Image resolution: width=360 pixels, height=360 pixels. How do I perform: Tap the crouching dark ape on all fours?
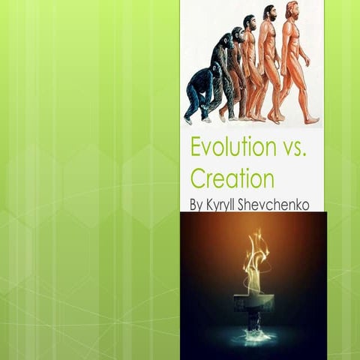tap(200, 90)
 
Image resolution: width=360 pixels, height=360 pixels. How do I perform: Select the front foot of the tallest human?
tap(310, 119)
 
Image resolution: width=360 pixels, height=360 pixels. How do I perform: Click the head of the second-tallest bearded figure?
tap(270, 14)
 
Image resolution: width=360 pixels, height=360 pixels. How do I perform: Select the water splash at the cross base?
tap(253, 337)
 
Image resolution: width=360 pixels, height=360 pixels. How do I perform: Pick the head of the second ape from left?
tap(225, 39)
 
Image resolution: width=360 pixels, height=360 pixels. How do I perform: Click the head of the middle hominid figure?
tap(248, 22)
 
